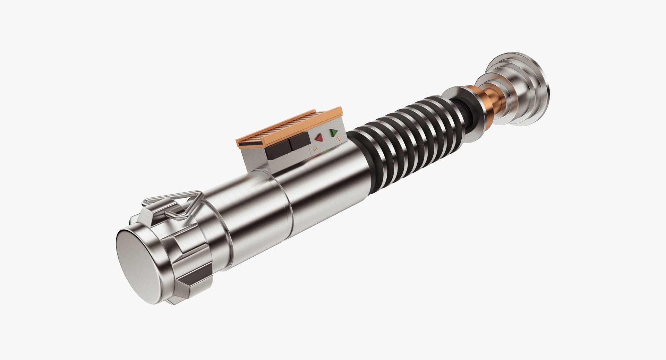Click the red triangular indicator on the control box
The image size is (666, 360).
318,138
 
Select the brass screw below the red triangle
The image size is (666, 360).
315,148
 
